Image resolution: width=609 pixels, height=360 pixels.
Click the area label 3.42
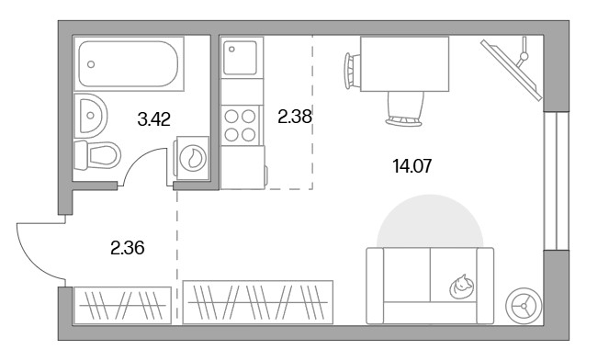[x=153, y=119]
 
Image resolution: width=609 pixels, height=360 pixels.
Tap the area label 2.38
[x=295, y=117]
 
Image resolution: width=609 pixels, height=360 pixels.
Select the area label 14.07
[x=412, y=166]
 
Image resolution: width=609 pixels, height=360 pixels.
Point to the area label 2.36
[x=128, y=248]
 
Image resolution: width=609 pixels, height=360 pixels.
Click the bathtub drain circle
[x=91, y=64]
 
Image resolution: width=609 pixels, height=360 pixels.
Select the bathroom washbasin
[x=90, y=116]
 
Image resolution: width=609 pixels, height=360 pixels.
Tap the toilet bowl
[x=98, y=155]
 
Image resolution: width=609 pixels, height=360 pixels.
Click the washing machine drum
[x=193, y=157]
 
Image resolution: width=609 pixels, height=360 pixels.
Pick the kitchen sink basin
[x=240, y=58]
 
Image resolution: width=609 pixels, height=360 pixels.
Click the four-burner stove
[x=240, y=126]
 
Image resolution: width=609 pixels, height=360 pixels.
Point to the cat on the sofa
[x=462, y=287]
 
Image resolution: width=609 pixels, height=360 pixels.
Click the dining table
[x=405, y=64]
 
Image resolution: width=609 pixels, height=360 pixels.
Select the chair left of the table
[x=353, y=72]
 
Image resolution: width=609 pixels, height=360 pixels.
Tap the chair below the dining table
[x=404, y=109]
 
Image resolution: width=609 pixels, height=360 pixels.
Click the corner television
[x=512, y=69]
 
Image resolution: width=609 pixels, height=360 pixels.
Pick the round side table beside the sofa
[x=524, y=306]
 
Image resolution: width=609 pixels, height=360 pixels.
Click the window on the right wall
[x=556, y=181]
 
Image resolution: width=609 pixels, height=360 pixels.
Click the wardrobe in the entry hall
[x=122, y=305]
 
